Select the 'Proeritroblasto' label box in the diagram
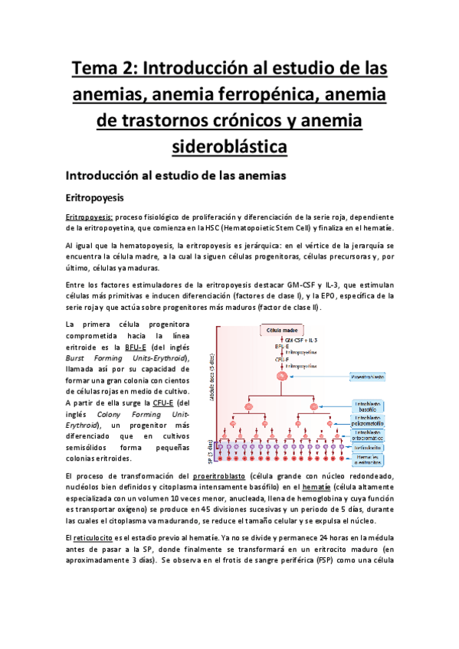(367, 377)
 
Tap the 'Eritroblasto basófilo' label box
(369, 406)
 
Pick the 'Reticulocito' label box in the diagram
(369, 448)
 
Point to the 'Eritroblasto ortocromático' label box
(369, 435)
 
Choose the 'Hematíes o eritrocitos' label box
(369, 459)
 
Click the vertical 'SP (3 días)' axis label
(211, 452)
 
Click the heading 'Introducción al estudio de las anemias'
(175, 174)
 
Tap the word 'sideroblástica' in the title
(229, 145)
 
